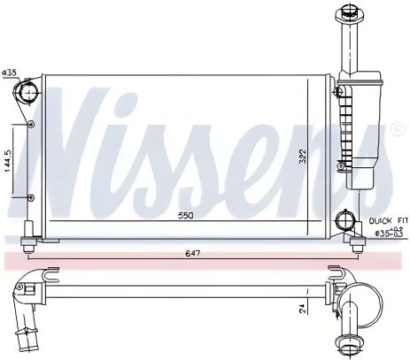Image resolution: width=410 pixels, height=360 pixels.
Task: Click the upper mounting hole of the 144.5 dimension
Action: [32, 124]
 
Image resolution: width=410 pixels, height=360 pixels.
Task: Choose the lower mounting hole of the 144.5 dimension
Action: [32, 196]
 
